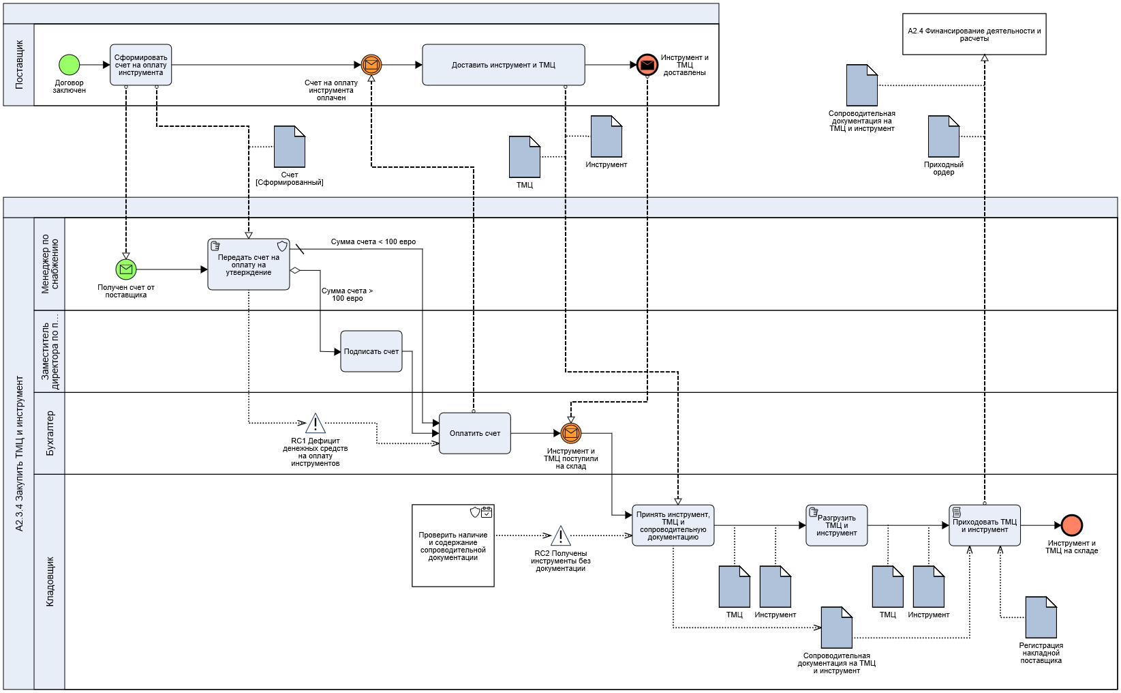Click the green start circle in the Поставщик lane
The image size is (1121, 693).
click(70, 65)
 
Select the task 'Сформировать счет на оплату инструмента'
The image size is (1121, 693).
click(140, 65)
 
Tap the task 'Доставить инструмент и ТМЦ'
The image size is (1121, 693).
click(503, 65)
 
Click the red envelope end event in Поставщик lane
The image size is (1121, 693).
click(647, 65)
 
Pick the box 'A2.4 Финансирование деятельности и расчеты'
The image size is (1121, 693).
click(974, 34)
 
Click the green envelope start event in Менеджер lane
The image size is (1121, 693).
click(126, 269)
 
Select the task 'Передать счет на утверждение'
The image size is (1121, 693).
click(249, 265)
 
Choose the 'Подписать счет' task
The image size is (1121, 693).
click(371, 351)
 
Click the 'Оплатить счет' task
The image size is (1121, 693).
click(475, 433)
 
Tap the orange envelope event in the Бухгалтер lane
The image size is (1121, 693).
click(571, 433)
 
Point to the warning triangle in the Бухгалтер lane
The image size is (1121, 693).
click(316, 424)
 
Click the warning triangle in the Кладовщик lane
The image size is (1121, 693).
click(561, 537)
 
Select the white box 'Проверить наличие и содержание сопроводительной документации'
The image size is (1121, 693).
click(453, 546)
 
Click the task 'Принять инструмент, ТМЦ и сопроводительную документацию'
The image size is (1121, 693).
click(673, 525)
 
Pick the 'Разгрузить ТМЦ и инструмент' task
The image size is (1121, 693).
click(837, 525)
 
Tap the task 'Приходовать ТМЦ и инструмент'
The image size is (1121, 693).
click(985, 525)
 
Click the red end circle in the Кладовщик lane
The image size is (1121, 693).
click(1072, 525)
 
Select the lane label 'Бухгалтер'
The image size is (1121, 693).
click(50, 433)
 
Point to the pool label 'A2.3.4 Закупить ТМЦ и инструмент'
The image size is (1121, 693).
click(19, 454)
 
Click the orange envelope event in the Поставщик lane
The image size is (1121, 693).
click(371, 65)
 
